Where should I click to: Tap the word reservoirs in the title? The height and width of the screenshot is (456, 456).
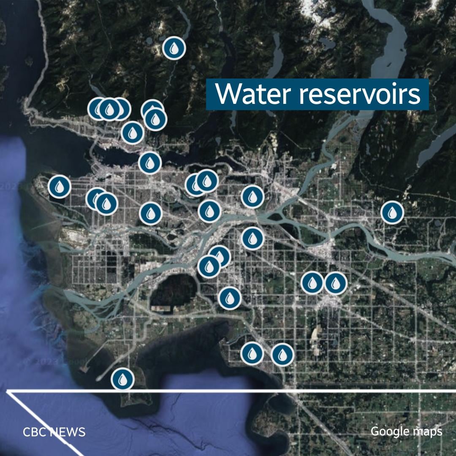(x=360, y=95)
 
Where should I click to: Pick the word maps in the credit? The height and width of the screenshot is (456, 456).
(x=428, y=432)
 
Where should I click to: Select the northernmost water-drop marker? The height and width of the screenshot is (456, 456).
(x=174, y=48)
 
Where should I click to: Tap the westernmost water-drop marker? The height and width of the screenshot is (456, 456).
(x=59, y=186)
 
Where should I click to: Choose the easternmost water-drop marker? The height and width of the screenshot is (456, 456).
(x=392, y=212)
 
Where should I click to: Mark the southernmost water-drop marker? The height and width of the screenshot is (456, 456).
(x=123, y=379)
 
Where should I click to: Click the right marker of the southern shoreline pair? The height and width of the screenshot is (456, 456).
(x=282, y=354)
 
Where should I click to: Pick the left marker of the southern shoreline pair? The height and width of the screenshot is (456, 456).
(x=252, y=353)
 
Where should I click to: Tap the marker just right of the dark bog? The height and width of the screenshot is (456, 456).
(x=230, y=298)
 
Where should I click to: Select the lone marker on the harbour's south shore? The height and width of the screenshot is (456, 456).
(x=150, y=163)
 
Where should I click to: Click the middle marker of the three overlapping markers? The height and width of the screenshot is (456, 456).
(x=109, y=109)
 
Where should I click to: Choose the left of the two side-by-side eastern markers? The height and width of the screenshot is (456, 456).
(x=312, y=283)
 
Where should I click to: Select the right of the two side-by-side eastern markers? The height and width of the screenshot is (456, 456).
(x=336, y=283)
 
